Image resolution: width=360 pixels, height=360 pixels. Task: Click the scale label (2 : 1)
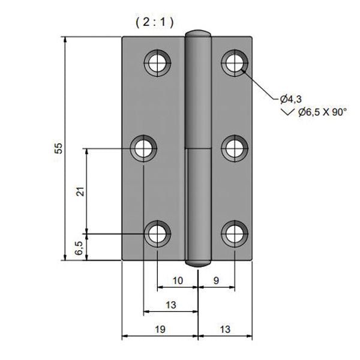click(154, 22)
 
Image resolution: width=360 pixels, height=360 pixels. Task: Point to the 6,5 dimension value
click(79, 248)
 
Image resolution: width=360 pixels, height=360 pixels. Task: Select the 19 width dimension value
click(160, 329)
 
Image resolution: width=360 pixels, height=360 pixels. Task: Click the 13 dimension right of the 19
click(224, 329)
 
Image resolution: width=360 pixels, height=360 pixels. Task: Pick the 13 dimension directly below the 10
click(170, 305)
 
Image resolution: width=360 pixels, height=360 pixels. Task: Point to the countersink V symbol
click(288, 112)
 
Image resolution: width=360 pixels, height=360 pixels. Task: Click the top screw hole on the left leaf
click(158, 61)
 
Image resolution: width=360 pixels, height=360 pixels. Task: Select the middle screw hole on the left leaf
click(144, 148)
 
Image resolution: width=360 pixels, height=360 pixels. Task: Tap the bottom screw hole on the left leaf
click(158, 233)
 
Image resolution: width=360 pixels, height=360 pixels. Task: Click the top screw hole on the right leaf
click(235, 61)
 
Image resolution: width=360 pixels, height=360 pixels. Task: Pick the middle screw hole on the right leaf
click(235, 148)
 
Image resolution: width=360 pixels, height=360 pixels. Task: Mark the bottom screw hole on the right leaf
click(235, 233)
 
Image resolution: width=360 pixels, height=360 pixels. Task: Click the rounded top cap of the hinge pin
click(198, 33)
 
